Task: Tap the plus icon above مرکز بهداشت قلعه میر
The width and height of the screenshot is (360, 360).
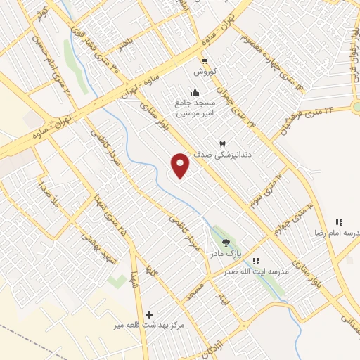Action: click(x=148, y=314)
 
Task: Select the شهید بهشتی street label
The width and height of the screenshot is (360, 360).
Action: click(x=91, y=247)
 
